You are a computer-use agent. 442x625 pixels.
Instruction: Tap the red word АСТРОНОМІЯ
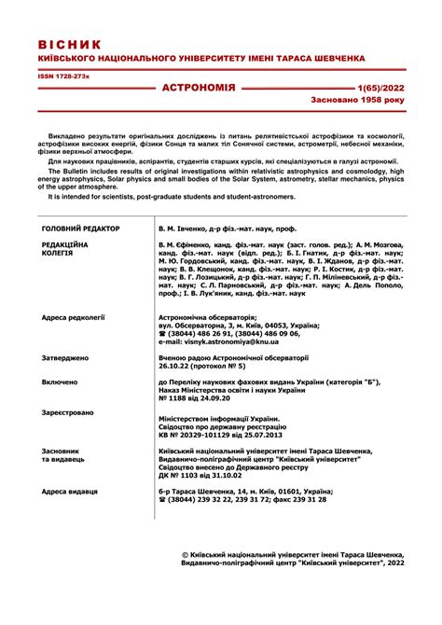[x=199, y=87]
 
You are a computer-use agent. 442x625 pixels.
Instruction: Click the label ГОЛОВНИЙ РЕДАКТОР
[x=81, y=229]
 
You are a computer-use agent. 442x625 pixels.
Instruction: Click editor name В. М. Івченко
[x=193, y=229]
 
